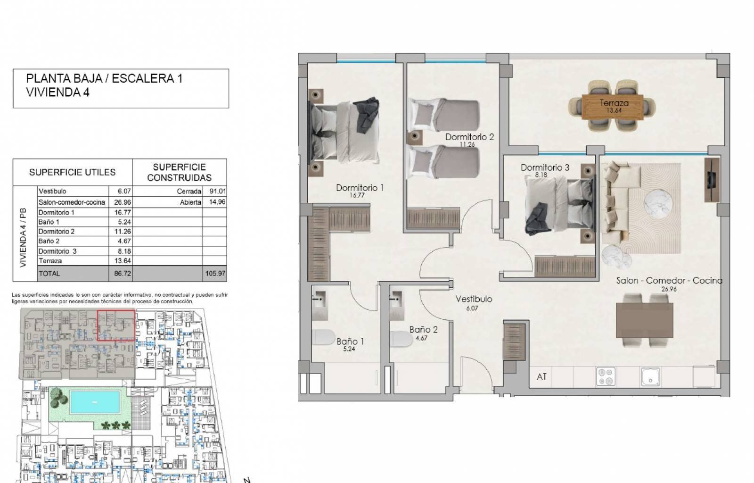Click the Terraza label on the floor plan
(614, 103)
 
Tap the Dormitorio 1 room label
(360, 188)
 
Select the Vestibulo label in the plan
(474, 299)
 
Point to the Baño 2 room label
(424, 329)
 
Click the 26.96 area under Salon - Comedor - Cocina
(669, 289)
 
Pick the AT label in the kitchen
(541, 376)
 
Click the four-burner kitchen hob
(606, 376)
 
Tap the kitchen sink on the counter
(650, 376)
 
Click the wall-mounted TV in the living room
(712, 180)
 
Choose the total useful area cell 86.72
(122, 274)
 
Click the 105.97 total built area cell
(215, 274)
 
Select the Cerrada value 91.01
(217, 192)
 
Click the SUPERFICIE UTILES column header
(73, 172)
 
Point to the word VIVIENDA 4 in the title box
(57, 92)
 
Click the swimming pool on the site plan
(95, 402)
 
